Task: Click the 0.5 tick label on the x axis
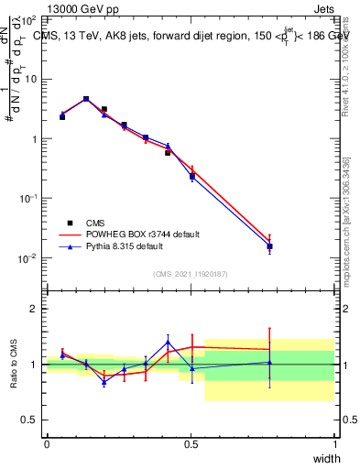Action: (191, 444)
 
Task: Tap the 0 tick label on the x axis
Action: (47, 444)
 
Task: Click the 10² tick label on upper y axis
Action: (28, 19)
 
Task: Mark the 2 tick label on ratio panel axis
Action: (33, 309)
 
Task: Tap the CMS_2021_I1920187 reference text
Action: (191, 273)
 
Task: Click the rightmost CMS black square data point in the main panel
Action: (269, 246)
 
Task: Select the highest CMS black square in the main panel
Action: (86, 99)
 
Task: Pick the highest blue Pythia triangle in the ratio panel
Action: (168, 343)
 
